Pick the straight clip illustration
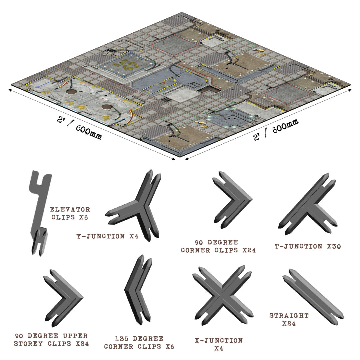coord(313,297)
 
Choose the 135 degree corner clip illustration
coord(138,290)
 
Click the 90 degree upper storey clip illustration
coord(63,298)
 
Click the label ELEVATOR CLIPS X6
coord(70,213)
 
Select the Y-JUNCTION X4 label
coord(107,236)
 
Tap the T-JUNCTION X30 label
coord(308,246)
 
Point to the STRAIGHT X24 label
coord(289,319)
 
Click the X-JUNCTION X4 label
coord(219,344)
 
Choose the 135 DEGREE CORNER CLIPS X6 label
coord(139,343)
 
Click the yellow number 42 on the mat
coord(131,66)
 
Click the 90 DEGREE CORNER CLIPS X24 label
coord(218,246)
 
